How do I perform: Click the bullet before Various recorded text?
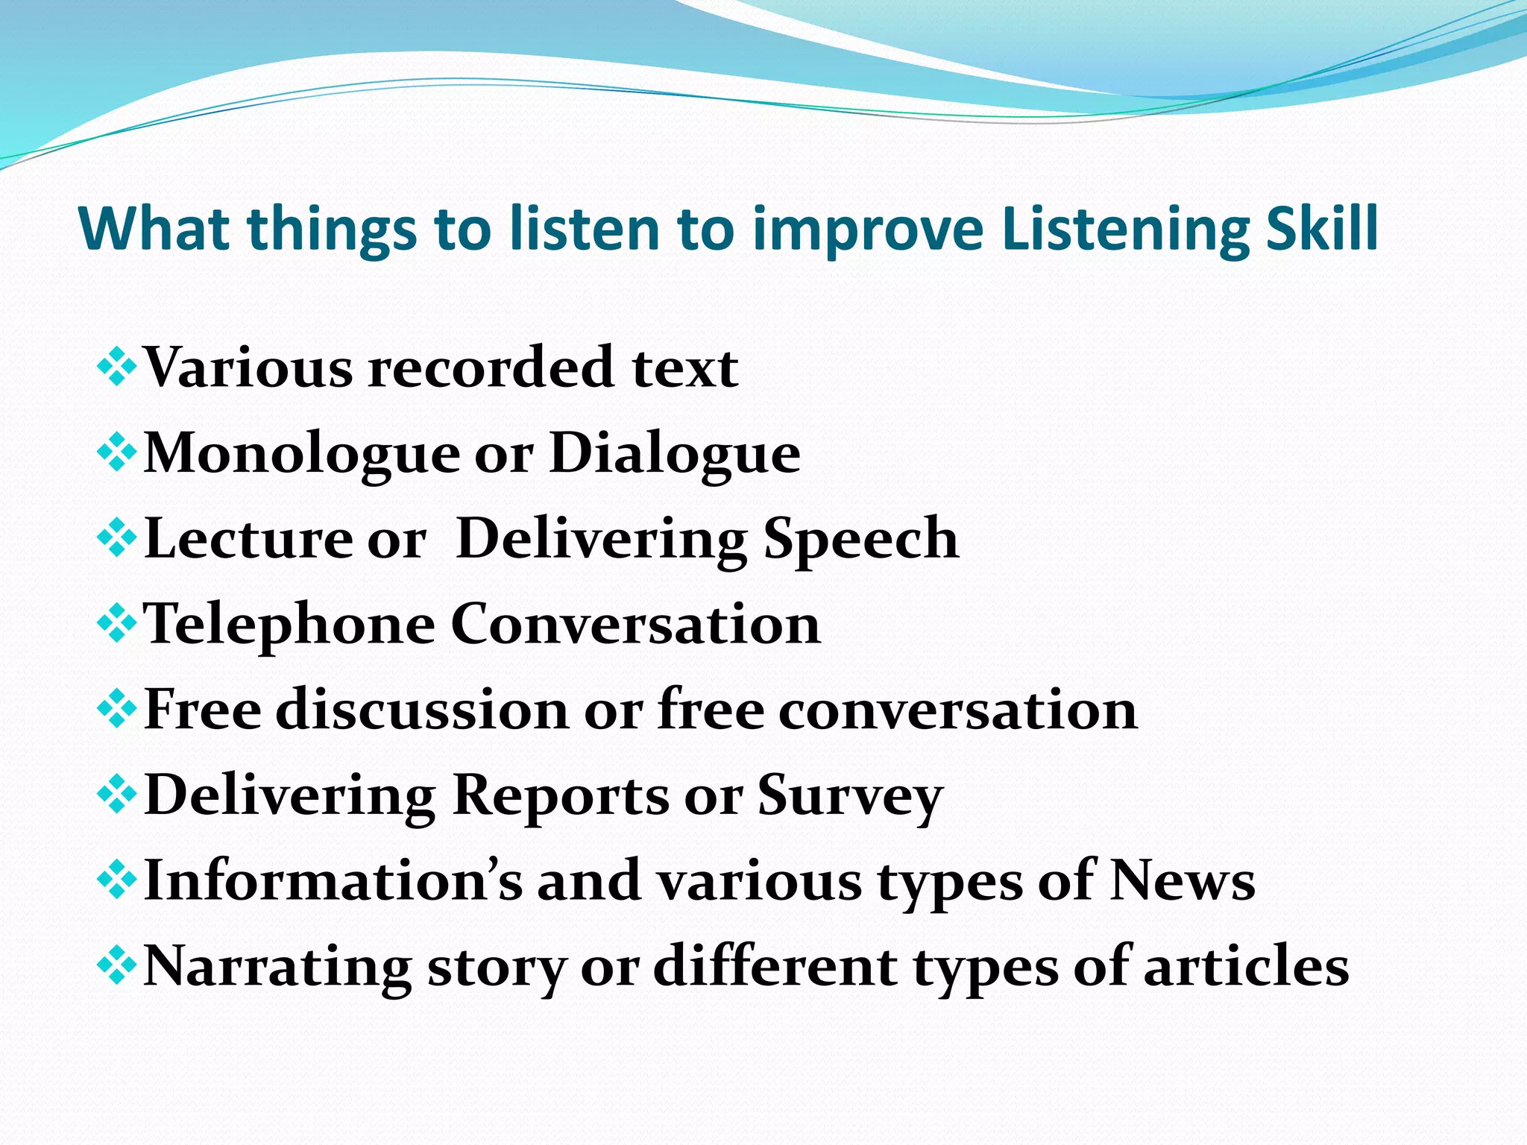click(116, 368)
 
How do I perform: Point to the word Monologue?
click(302, 453)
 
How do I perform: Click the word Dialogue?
click(675, 453)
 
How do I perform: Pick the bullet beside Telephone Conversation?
click(116, 624)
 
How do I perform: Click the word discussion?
click(421, 709)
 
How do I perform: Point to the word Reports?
click(561, 795)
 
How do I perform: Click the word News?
click(1183, 880)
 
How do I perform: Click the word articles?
click(1246, 966)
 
